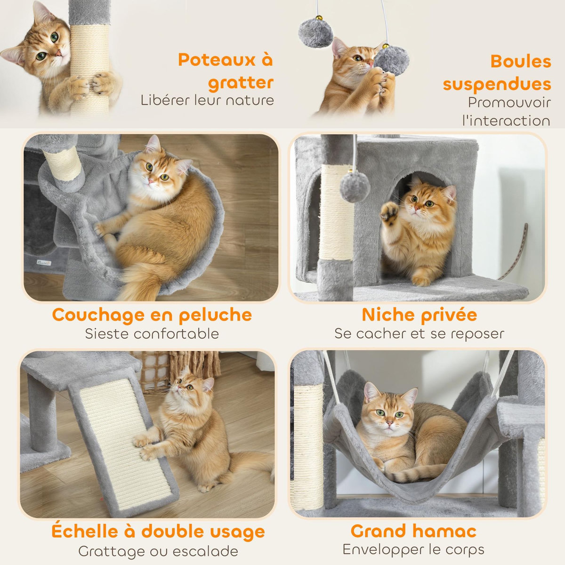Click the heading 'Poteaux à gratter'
[x=226, y=71]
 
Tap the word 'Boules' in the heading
[x=520, y=61]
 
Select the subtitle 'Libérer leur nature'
[x=207, y=100]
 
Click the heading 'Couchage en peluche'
[x=152, y=315]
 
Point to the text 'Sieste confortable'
[x=152, y=334]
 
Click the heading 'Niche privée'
[x=419, y=315]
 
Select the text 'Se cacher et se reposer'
[x=419, y=334]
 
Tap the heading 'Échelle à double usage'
[x=158, y=532]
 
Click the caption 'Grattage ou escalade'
[x=158, y=551]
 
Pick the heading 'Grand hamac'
[x=413, y=531]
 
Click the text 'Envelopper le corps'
[x=413, y=549]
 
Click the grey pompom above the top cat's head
[x=315, y=33]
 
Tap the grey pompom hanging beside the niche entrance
[x=355, y=187]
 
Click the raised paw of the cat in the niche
[x=390, y=213]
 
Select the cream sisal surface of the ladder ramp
[x=125, y=443]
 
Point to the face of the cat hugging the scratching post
[x=47, y=47]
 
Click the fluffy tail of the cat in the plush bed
[x=141, y=282]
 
